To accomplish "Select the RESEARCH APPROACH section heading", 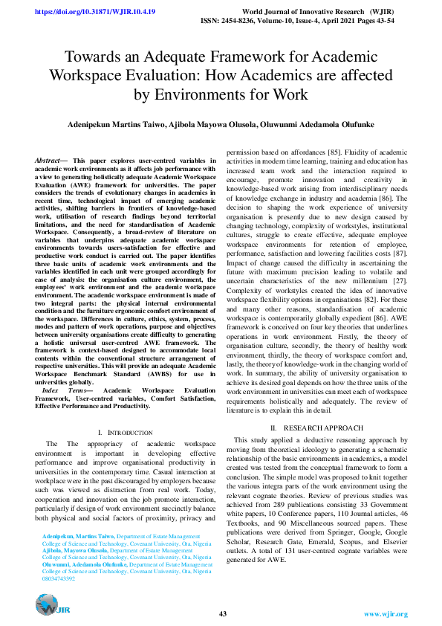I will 320,428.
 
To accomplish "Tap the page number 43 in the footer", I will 223,613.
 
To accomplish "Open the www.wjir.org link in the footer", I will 386,614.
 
